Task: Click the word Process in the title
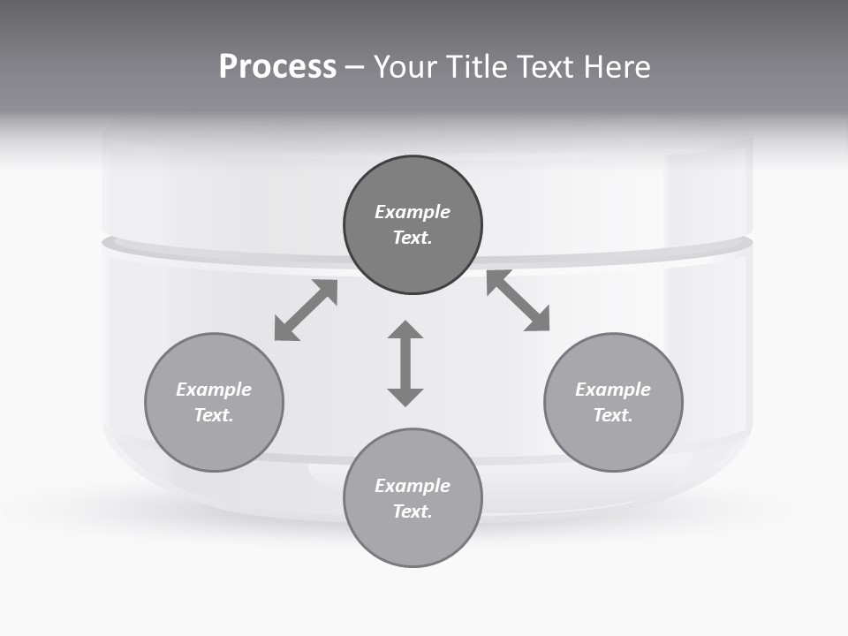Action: (x=277, y=67)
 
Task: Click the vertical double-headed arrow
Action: (x=405, y=364)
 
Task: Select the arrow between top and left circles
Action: (x=306, y=310)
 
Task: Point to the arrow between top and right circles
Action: (x=519, y=300)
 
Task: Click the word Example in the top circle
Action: (x=413, y=212)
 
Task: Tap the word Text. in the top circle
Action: (x=413, y=238)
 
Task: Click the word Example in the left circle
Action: (x=214, y=390)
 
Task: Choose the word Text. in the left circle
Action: (x=214, y=415)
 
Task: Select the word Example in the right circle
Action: (x=613, y=390)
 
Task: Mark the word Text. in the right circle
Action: (x=613, y=415)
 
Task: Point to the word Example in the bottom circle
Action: (x=413, y=486)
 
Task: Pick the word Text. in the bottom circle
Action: (x=413, y=511)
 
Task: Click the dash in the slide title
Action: (x=355, y=68)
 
